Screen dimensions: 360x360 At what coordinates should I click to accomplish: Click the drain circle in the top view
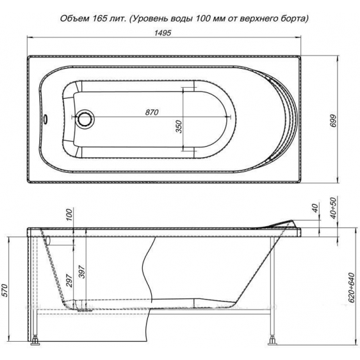[84, 119]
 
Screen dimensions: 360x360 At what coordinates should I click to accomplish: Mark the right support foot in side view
[272, 339]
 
